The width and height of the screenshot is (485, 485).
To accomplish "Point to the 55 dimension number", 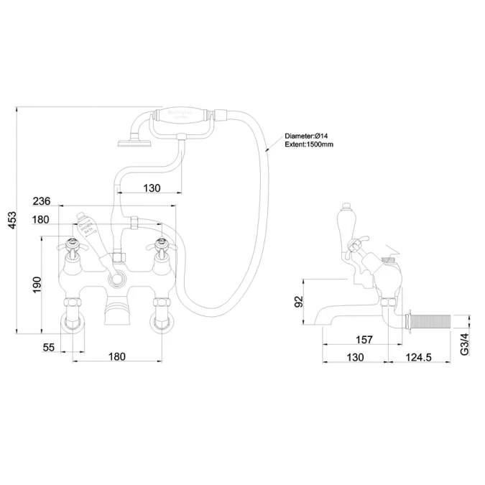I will pos(49,348).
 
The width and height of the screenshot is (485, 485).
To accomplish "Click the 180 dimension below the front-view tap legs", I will pos(116,356).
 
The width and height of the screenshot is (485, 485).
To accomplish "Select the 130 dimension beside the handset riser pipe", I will pos(152,188).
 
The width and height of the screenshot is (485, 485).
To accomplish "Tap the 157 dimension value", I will pos(365,340).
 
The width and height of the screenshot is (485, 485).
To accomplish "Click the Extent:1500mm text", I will pos(309,144).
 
